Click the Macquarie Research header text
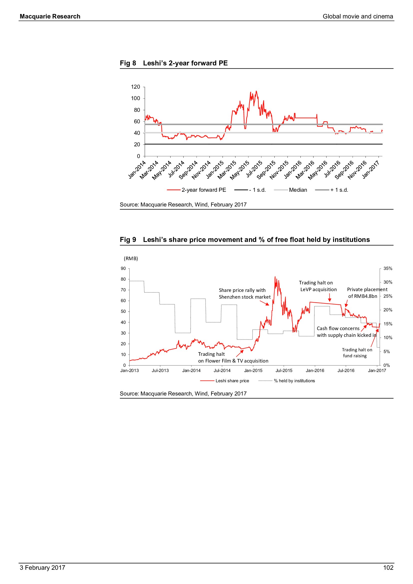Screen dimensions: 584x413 pos(50,16)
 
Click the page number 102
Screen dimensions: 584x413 pos(388,568)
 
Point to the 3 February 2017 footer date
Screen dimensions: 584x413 pos(42,568)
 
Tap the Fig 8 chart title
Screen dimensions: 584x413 pos(174,63)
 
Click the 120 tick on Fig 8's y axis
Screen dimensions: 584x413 pos(135,87)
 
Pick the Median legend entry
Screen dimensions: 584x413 pos(298,190)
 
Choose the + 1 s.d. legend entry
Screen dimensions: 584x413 pos(339,190)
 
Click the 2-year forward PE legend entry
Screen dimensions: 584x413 pos(204,190)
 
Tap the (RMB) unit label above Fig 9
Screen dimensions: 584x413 pos(131,259)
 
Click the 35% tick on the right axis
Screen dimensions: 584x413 pos(388,268)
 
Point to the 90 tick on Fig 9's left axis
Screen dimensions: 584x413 pos(123,268)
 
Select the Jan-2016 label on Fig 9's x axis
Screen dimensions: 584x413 pos(315,371)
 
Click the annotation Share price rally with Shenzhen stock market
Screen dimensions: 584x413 pos(245,294)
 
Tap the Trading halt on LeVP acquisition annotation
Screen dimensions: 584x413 pos(318,286)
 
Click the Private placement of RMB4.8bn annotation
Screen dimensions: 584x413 pos(367,293)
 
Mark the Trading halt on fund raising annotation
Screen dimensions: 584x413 pos(357,353)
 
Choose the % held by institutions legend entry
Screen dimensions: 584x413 pos(294,381)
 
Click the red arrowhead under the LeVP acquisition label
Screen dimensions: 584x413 pos(330,300)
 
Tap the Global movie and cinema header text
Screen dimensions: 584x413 pos(358,16)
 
